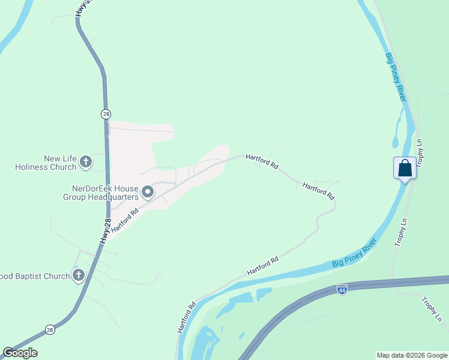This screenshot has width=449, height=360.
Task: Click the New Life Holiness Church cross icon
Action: point(86,161)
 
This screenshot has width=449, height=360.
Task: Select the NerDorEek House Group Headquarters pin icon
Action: point(148,193)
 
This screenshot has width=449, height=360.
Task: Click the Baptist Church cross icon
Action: point(78,275)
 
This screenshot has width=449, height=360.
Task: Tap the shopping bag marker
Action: point(405,167)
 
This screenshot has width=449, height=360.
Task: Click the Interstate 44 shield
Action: point(342,289)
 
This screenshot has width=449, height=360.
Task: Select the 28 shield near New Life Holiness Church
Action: point(106,114)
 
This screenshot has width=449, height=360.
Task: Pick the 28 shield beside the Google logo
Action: point(50,329)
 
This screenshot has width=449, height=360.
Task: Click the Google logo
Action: point(20,353)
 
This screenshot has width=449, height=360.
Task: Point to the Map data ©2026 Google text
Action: point(412,355)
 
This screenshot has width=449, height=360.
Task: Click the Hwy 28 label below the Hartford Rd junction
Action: point(105,230)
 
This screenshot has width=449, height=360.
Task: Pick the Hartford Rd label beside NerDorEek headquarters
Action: point(125,218)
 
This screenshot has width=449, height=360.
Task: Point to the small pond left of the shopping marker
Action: point(396,142)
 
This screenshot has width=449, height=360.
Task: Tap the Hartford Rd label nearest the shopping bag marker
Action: point(318,191)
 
